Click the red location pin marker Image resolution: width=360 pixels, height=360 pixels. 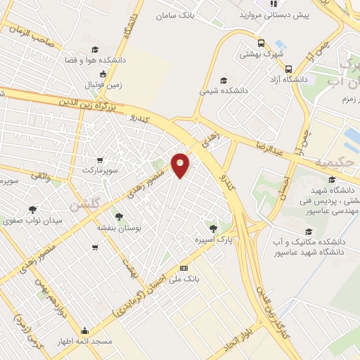pyautogui.click(x=181, y=165)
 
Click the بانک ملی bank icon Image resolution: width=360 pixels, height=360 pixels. pyautogui.click(x=184, y=268)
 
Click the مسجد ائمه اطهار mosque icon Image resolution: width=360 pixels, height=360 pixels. pyautogui.click(x=85, y=331)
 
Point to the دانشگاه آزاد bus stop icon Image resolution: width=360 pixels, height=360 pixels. pyautogui.click(x=289, y=69)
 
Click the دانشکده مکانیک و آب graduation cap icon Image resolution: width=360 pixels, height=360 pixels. pyautogui.click(x=308, y=231)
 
